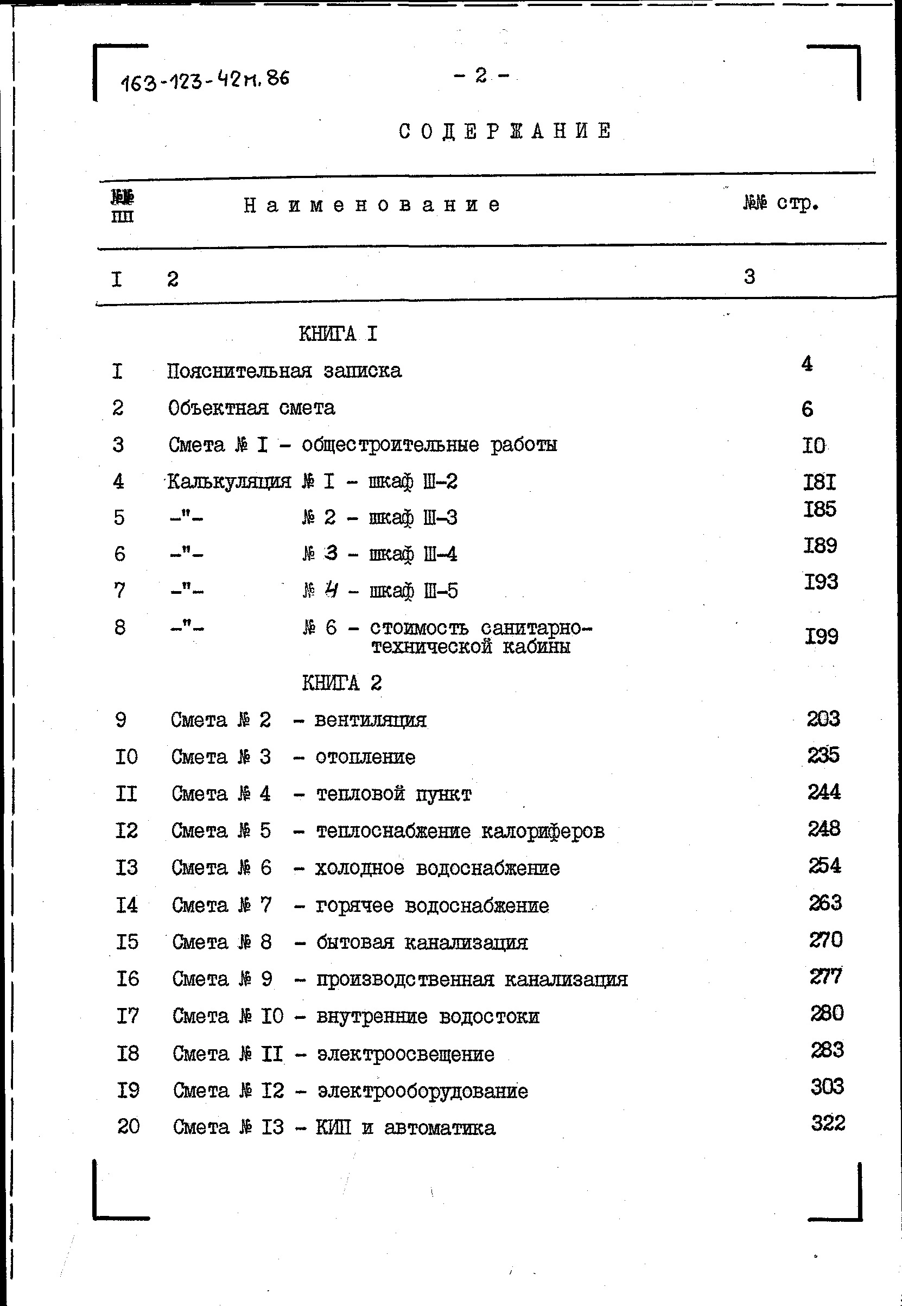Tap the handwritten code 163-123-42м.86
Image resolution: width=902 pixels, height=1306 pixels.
[205, 80]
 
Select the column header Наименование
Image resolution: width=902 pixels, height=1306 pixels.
[372, 205]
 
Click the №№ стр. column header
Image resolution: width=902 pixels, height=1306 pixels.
[780, 203]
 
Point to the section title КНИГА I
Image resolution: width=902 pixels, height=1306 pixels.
[338, 334]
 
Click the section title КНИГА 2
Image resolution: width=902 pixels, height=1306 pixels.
[341, 683]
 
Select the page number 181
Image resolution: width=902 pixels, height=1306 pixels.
[820, 481]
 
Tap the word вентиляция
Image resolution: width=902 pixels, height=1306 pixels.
[370, 720]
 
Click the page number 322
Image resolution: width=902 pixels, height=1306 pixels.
[828, 1123]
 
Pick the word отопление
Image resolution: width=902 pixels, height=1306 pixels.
[365, 757]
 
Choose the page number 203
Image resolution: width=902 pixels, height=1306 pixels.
[823, 719]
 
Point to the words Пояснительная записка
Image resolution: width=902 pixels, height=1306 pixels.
[284, 371]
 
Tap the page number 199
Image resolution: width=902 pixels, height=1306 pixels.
[821, 636]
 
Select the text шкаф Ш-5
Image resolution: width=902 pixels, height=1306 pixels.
[414, 591]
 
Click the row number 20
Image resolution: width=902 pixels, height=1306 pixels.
[128, 1126]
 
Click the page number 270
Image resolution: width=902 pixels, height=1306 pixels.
[825, 940]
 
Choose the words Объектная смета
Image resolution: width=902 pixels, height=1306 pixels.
[251, 408]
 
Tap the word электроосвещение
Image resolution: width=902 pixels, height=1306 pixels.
[405, 1054]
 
